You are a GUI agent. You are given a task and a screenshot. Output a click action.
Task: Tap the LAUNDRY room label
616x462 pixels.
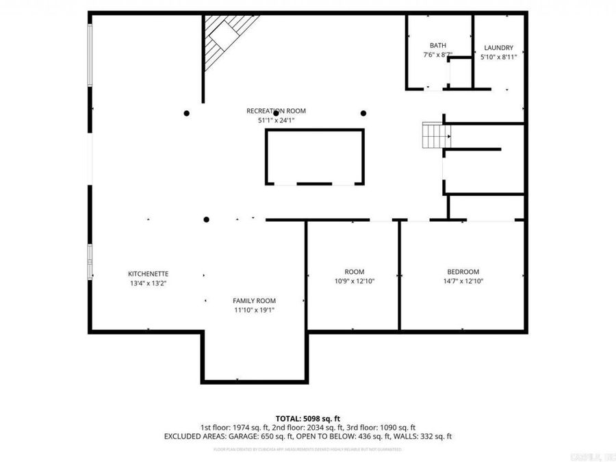coord(498,48)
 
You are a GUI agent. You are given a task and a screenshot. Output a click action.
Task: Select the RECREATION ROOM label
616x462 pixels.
coord(276,111)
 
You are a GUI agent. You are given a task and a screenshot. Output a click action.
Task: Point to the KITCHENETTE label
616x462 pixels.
coord(149,273)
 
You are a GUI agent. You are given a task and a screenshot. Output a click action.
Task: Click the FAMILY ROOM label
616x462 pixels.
coord(254,300)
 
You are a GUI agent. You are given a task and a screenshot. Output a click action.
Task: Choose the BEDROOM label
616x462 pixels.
coord(463,271)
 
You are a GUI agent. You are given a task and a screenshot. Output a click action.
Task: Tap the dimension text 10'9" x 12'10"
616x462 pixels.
coord(354,281)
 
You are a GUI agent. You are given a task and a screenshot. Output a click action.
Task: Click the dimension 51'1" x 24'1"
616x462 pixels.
coord(276,120)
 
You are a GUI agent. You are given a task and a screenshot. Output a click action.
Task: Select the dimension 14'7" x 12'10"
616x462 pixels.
coord(463,281)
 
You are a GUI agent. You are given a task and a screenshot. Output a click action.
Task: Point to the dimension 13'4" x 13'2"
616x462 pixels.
coord(149,283)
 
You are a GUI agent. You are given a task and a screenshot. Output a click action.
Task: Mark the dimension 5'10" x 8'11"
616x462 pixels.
coord(498,57)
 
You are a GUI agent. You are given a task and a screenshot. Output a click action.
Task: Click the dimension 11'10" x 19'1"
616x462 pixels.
coord(254,310)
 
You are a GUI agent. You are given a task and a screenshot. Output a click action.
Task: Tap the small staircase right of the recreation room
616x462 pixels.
coord(433,136)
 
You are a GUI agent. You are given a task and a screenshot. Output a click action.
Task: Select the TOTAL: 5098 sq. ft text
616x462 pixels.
coord(307,418)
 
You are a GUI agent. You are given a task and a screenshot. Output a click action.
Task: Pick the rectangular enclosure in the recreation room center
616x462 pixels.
coord(314,157)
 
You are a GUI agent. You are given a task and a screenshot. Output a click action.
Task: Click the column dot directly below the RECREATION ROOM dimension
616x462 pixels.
coord(276,133)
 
